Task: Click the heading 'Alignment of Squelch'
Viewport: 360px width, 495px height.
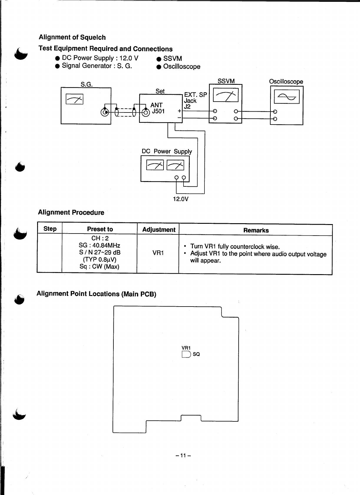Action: pyautogui.click(x=72, y=37)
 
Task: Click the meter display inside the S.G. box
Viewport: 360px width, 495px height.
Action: pyautogui.click(x=75, y=99)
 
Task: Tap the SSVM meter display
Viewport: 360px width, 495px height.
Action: pyautogui.click(x=225, y=95)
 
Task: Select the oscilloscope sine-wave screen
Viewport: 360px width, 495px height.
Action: pyautogui.click(x=286, y=97)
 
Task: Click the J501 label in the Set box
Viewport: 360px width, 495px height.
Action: pyautogui.click(x=158, y=112)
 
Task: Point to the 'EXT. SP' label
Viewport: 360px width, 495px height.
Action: pyautogui.click(x=195, y=95)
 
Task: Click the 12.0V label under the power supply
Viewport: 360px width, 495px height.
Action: pyautogui.click(x=181, y=199)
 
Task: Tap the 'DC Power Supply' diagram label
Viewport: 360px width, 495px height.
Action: pyautogui.click(x=167, y=151)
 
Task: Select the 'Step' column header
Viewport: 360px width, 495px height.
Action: pyautogui.click(x=50, y=229)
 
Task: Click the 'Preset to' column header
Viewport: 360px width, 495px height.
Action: pyautogui.click(x=100, y=229)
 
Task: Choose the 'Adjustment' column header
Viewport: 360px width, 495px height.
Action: pyautogui.click(x=158, y=230)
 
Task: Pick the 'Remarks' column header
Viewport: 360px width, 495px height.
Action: pyautogui.click(x=256, y=230)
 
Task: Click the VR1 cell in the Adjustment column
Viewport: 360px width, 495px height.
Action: pyautogui.click(x=158, y=253)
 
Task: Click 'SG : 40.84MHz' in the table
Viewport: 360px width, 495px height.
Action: pyautogui.click(x=99, y=245)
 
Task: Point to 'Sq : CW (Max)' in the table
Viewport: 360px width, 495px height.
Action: pyautogui.click(x=99, y=266)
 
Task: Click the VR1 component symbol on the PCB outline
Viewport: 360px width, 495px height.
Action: pyautogui.click(x=186, y=354)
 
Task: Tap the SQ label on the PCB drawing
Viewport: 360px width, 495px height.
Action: pyautogui.click(x=196, y=354)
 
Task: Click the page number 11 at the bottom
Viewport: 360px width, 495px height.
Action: pyautogui.click(x=183, y=456)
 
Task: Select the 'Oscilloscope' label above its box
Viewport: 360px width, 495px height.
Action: pyautogui.click(x=286, y=82)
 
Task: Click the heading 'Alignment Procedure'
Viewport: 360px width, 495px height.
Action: pyautogui.click(x=71, y=213)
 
